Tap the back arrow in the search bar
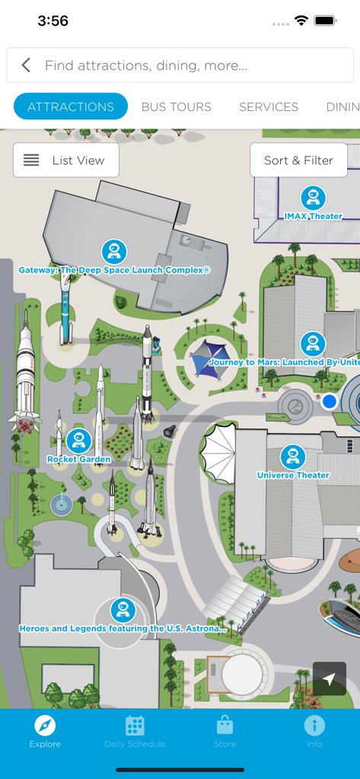(26, 65)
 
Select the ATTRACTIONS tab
(71, 107)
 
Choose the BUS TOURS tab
(177, 107)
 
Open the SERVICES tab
(269, 107)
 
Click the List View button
(66, 161)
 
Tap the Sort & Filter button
(298, 161)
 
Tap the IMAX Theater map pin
(313, 198)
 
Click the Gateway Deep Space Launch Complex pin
(114, 252)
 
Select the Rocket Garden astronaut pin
(78, 440)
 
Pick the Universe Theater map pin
(293, 457)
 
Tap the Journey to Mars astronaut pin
(312, 344)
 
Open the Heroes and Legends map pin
(123, 610)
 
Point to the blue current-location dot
(329, 401)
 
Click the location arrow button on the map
(329, 679)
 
